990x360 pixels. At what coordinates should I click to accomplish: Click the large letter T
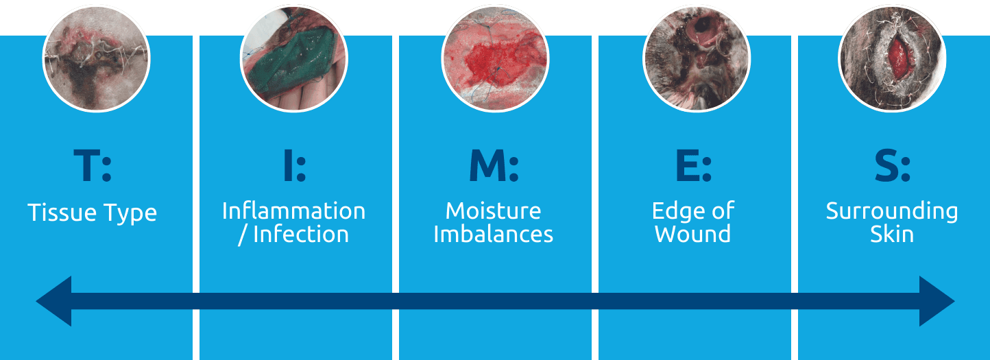point(88,165)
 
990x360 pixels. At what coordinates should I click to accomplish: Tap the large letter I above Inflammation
point(288,165)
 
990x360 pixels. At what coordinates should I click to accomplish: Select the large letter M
point(487,165)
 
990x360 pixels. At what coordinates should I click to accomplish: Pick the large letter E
point(687,165)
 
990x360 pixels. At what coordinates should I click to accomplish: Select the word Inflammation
point(294,211)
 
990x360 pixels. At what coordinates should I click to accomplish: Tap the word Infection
point(301,234)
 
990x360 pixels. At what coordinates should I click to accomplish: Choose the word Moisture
point(493,211)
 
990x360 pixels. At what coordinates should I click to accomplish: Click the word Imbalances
point(493,234)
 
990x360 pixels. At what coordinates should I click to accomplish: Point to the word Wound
point(692,234)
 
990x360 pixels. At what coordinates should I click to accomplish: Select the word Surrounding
point(892,213)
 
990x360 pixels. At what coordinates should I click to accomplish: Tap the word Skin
point(892,234)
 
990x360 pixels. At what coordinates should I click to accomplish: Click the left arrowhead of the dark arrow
point(54,301)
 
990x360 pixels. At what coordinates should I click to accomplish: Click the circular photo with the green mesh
point(294,58)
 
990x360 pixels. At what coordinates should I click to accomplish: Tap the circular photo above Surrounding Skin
point(892,58)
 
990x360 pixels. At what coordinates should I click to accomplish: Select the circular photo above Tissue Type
point(97,58)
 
